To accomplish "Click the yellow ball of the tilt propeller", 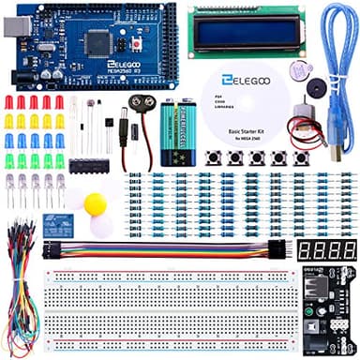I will tap(95, 203).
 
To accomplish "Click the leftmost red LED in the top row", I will tap(7, 101).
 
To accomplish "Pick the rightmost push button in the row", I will tap(301, 157).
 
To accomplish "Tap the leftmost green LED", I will tap(8, 160).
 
